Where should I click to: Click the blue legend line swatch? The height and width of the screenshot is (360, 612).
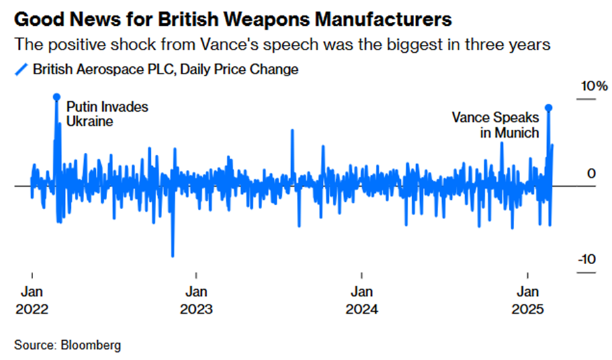[x=21, y=69]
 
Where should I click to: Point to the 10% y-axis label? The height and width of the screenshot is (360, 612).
[x=592, y=87]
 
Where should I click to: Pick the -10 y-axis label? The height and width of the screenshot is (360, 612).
[x=587, y=259]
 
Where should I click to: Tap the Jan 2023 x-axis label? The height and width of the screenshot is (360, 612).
[x=196, y=300]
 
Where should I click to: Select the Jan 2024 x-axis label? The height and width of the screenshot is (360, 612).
[x=361, y=300]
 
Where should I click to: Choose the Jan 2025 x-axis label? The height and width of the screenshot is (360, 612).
[x=527, y=300]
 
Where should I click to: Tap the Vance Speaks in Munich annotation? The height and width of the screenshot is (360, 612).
[x=496, y=124]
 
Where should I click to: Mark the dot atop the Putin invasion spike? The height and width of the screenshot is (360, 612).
[x=56, y=97]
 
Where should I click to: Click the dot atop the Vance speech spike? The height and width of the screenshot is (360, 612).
[x=548, y=107]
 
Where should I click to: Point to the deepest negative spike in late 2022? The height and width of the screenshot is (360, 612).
[x=173, y=254]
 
